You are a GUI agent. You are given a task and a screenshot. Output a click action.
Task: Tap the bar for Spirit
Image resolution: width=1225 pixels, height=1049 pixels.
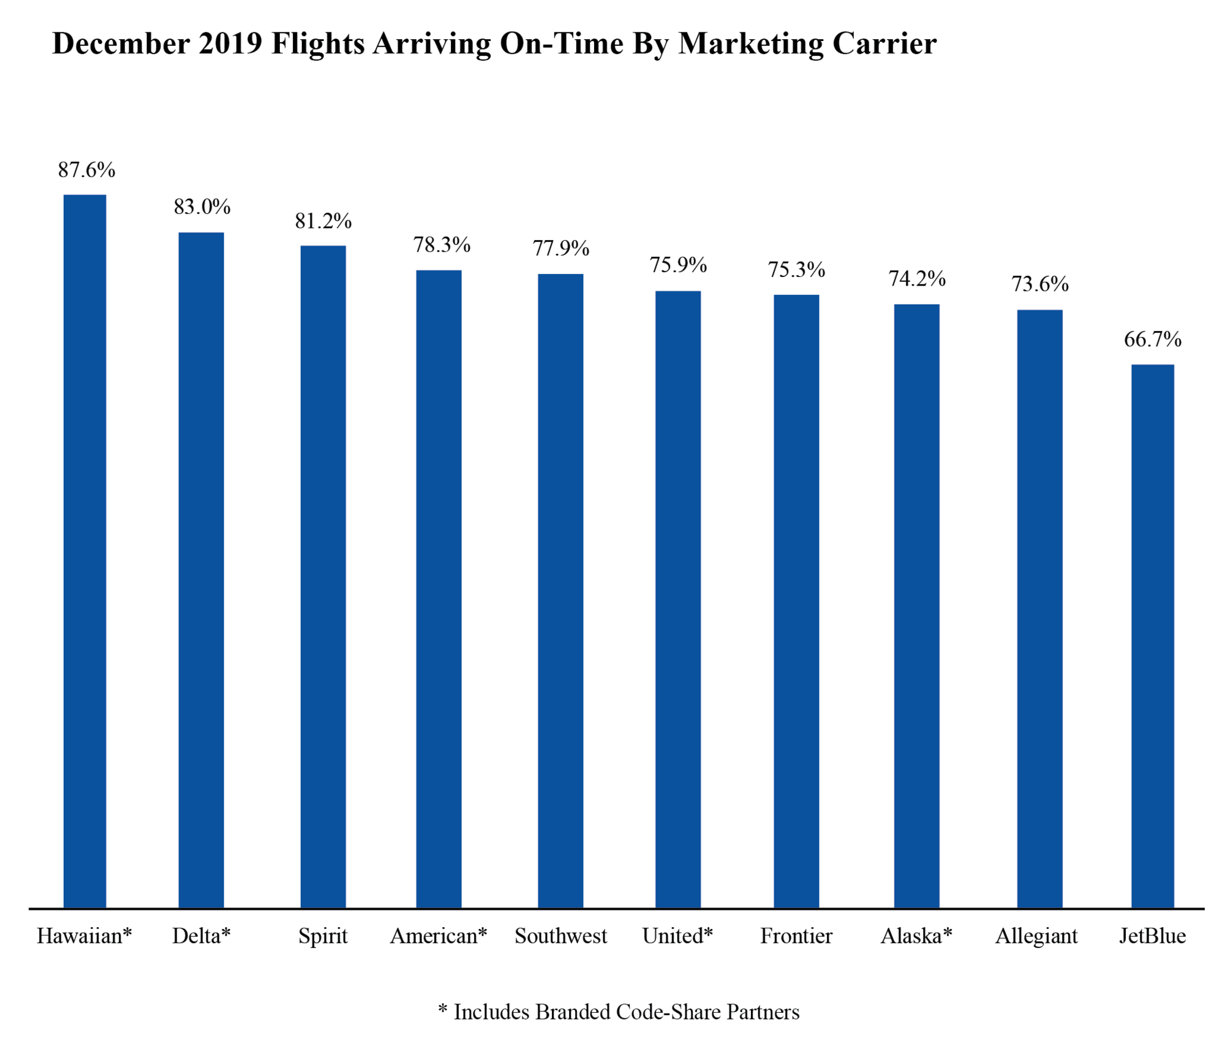(x=323, y=576)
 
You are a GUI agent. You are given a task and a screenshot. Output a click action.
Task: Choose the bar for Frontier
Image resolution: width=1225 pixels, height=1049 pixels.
(x=796, y=600)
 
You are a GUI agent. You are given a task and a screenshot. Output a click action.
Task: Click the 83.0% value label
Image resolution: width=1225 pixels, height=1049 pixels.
(x=202, y=207)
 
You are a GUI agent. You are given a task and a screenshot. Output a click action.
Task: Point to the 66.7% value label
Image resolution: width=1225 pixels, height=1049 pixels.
(x=1152, y=339)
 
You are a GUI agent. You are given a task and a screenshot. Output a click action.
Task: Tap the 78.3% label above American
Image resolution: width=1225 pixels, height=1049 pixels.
(x=441, y=245)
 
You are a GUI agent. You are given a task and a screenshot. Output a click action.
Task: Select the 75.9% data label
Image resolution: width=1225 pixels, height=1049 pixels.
(x=678, y=265)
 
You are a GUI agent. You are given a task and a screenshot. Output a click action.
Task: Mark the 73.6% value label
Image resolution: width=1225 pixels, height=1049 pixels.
(x=1039, y=284)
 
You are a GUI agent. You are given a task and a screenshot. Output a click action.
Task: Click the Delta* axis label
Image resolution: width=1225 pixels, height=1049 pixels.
(x=201, y=936)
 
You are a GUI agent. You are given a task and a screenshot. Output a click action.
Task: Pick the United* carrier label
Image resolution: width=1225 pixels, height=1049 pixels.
(x=677, y=936)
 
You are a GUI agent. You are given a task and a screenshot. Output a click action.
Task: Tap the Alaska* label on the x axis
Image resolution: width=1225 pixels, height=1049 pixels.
(x=916, y=936)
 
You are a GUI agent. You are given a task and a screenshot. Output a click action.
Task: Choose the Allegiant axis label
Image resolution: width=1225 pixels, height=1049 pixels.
(x=1036, y=936)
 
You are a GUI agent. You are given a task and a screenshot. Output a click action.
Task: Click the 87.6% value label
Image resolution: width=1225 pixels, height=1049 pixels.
(x=86, y=170)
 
